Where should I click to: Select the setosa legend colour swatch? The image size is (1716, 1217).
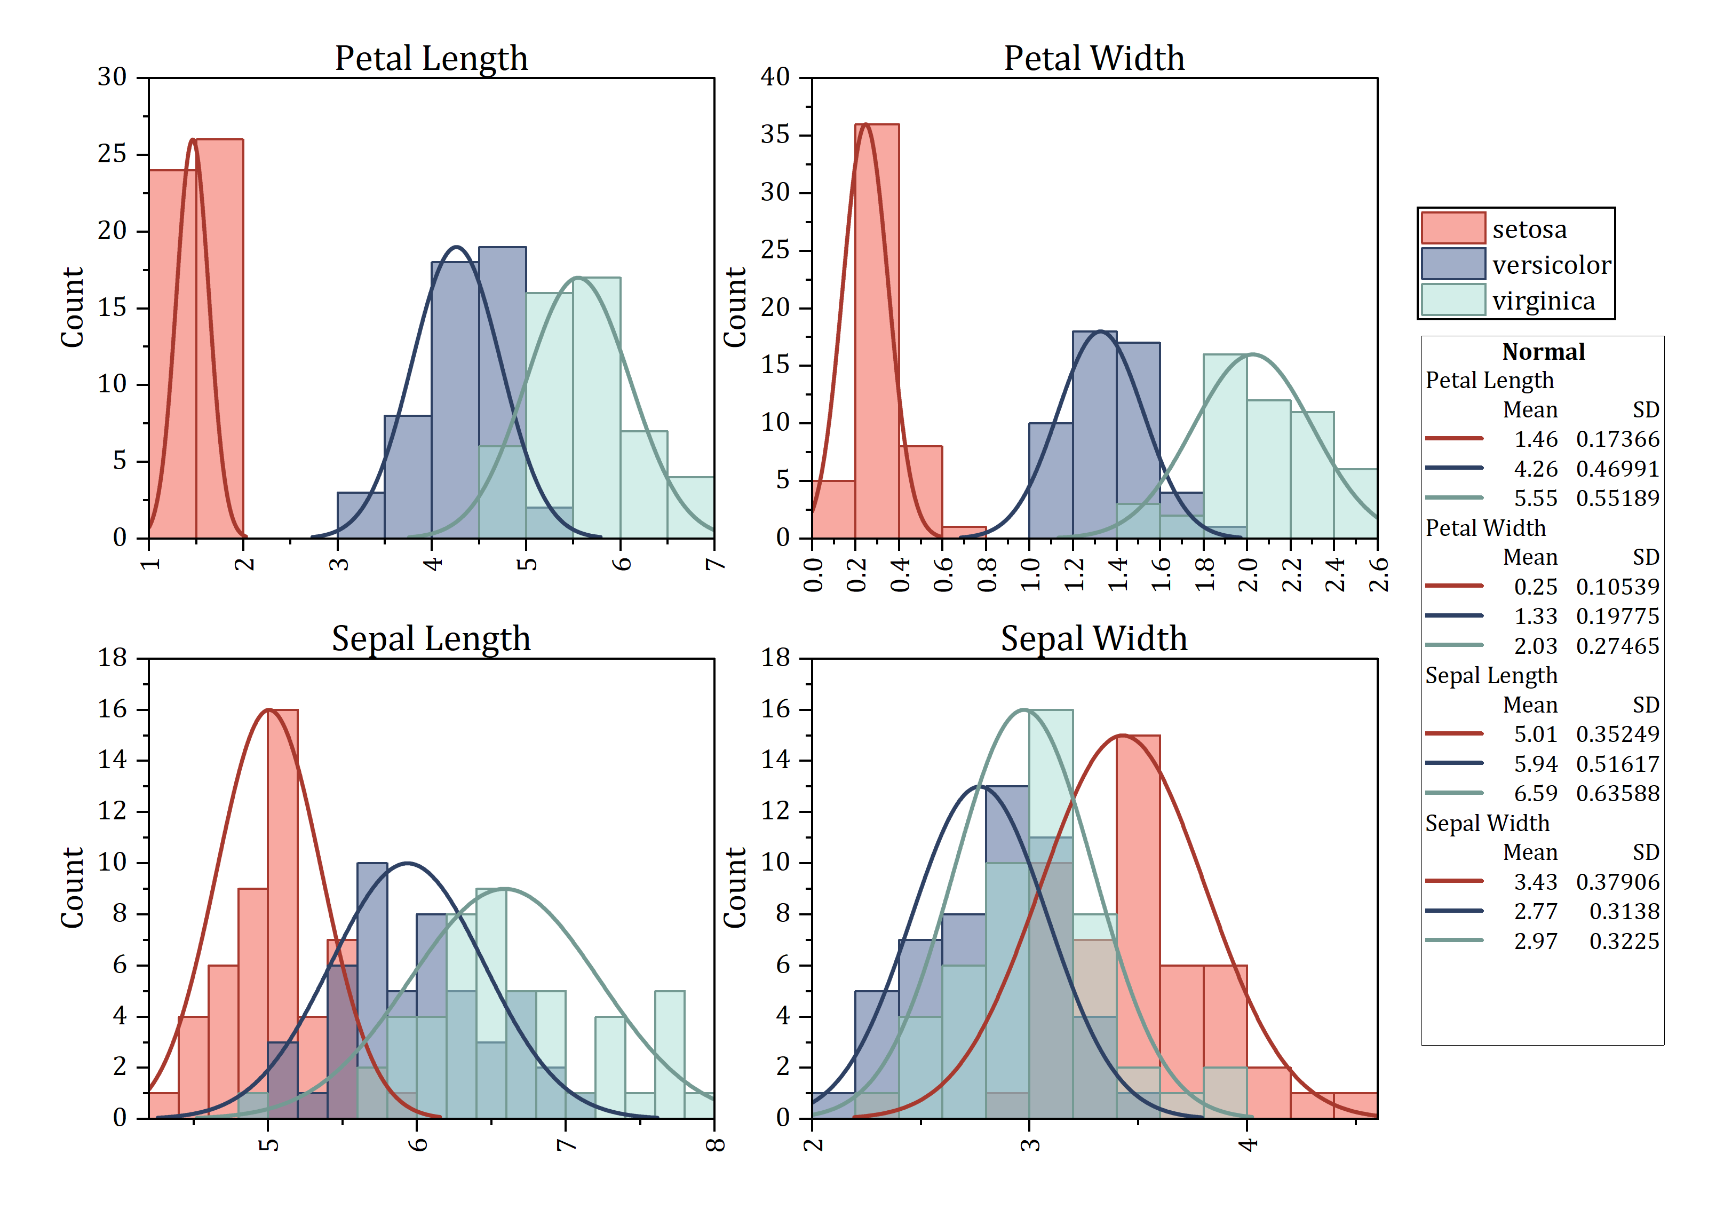tap(1452, 228)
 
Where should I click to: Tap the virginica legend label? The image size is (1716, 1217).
tap(1543, 301)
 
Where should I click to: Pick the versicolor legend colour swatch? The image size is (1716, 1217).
tap(1452, 264)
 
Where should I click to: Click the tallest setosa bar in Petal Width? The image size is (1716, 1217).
tap(876, 330)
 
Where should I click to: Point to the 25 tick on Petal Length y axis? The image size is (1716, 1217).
tap(113, 154)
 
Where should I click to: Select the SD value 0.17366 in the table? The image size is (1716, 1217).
tap(1617, 439)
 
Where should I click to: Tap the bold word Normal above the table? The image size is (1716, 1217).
tap(1543, 351)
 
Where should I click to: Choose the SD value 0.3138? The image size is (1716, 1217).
tap(1624, 911)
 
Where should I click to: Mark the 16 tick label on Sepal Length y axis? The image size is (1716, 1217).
tap(113, 709)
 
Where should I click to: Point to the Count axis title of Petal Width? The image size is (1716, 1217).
tap(735, 307)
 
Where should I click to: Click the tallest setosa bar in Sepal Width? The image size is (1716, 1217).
tap(1138, 926)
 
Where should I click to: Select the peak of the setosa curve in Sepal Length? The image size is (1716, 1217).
tap(268, 710)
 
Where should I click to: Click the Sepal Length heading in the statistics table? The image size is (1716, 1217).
tap(1490, 675)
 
